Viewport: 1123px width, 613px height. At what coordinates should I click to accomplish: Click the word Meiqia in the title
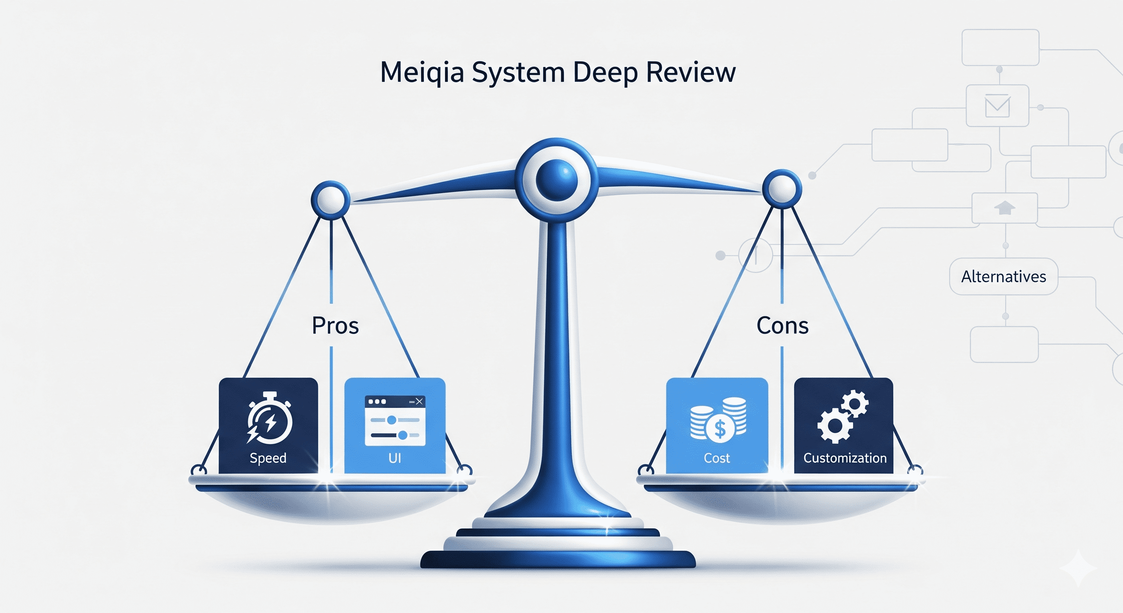422,72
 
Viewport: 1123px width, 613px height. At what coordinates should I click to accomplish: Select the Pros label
335,326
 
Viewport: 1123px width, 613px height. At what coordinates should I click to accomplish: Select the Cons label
782,326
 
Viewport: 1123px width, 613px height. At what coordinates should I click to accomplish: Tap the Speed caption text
268,458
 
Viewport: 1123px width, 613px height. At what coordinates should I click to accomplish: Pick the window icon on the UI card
394,421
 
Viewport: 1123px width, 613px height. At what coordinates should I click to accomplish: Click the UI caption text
394,458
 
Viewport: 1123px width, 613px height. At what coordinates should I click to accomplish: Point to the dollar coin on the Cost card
720,429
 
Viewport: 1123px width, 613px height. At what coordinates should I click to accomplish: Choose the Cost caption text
717,458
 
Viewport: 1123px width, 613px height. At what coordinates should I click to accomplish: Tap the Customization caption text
845,458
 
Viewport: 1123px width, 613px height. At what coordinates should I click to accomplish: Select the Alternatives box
1003,277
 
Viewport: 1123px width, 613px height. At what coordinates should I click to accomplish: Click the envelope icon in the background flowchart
997,106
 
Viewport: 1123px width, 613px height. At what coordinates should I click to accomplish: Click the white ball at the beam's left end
331,200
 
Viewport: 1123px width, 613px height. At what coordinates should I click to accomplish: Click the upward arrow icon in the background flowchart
1005,208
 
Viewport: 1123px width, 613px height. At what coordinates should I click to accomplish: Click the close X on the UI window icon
419,401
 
